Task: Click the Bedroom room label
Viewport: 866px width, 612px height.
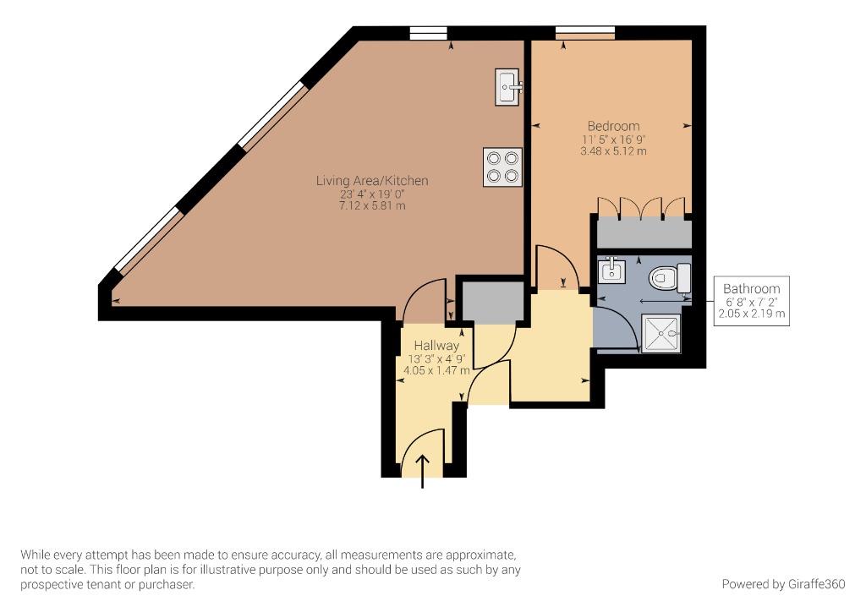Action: [x=613, y=126]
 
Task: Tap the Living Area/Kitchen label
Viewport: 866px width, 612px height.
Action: [x=372, y=180]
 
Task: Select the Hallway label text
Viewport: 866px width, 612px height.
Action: [x=436, y=346]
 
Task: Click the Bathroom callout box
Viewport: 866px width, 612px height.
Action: [x=751, y=301]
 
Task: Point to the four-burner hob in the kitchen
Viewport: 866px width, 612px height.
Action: [x=502, y=167]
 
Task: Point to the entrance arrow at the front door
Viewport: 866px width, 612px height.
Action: [x=423, y=472]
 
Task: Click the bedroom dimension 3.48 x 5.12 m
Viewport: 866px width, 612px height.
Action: [x=613, y=150]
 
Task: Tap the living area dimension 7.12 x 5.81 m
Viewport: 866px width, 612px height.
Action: [x=372, y=206]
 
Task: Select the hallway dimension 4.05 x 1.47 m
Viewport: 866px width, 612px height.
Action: [x=436, y=370]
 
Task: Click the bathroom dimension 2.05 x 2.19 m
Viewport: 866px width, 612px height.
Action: [x=751, y=314]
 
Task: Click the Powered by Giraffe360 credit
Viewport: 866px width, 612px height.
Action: [x=783, y=584]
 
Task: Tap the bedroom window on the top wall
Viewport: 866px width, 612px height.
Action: [x=585, y=33]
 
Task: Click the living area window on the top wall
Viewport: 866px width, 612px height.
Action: [x=428, y=33]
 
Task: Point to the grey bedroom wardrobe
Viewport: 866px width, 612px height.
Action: [x=644, y=232]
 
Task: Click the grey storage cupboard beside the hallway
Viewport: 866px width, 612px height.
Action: [x=493, y=301]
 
